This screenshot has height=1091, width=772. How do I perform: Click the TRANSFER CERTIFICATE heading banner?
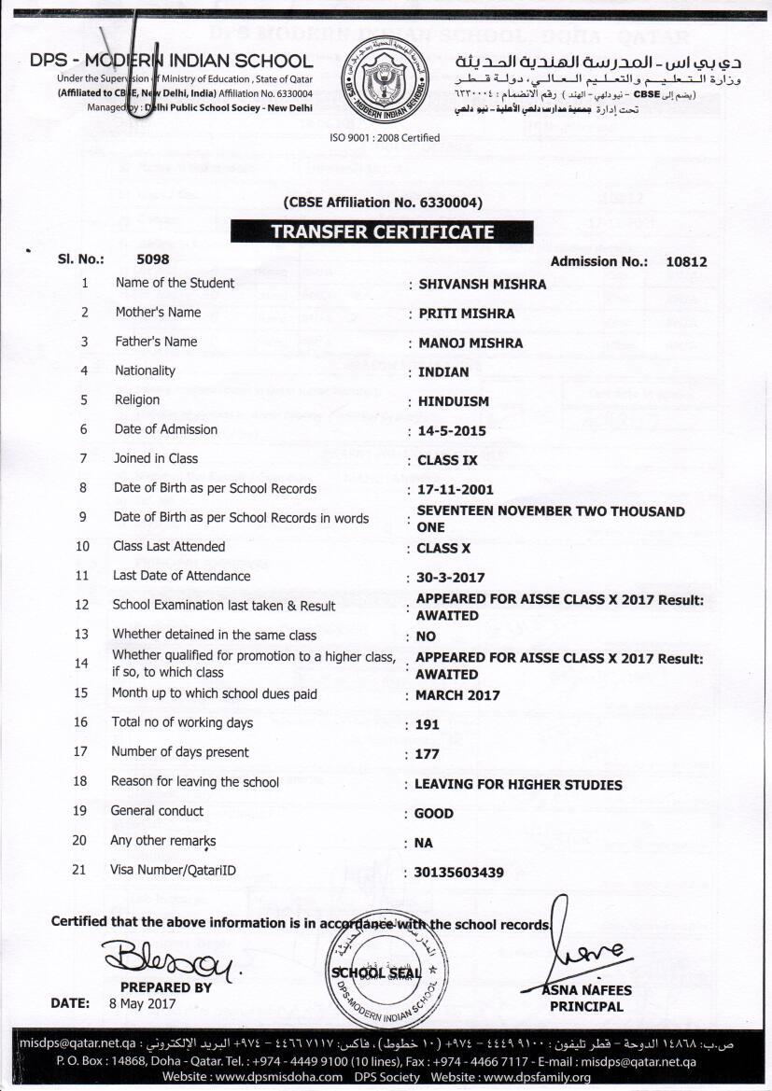pyautogui.click(x=382, y=232)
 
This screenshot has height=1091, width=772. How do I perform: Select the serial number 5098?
pyautogui.click(x=153, y=260)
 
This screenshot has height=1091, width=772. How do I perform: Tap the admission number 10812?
pyautogui.click(x=686, y=262)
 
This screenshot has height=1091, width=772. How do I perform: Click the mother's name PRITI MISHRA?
pyautogui.click(x=466, y=314)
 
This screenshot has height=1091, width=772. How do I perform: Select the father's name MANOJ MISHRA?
pyautogui.click(x=470, y=343)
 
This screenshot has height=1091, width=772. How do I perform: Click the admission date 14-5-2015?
pyautogui.click(x=452, y=431)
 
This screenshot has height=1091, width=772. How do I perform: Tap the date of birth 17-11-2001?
pyautogui.click(x=456, y=489)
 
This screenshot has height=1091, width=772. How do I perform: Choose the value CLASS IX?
pyautogui.click(x=447, y=460)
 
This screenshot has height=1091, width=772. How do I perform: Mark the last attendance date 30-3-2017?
pyautogui.click(x=451, y=578)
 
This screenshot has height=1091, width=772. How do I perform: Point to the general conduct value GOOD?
pyautogui.click(x=434, y=813)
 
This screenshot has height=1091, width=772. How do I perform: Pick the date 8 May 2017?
pyautogui.click(x=142, y=1004)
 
